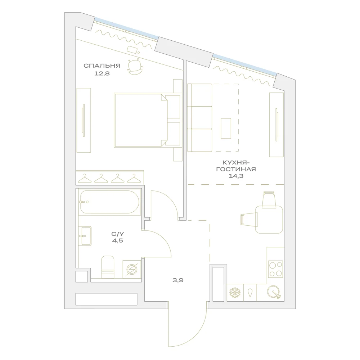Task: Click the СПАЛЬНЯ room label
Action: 102,66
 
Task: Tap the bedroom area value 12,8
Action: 102,73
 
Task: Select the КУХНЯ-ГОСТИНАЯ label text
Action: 236,166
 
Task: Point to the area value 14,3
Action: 236,176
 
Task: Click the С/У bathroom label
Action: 118,234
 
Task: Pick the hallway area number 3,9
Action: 178,280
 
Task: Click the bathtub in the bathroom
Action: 109,202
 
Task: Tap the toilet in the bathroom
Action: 108,267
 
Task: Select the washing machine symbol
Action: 132,269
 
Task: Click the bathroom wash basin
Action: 85,236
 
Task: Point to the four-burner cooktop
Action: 275,269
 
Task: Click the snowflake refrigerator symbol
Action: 235,292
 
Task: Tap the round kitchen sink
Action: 274,292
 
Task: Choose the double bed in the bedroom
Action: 147,120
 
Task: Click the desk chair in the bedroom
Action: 136,67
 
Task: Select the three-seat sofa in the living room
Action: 199,118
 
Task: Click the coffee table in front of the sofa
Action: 226,129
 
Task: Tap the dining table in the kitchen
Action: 269,220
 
